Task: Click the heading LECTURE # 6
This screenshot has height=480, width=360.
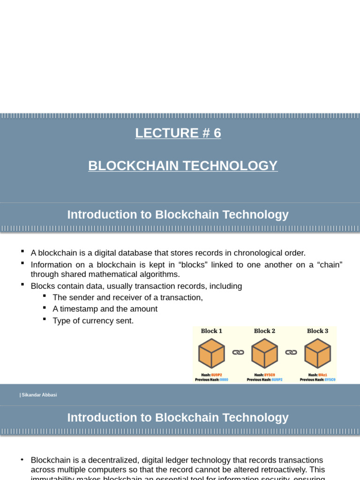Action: pyautogui.click(x=178, y=133)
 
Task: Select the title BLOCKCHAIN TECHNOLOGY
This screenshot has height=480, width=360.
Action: pyautogui.click(x=183, y=165)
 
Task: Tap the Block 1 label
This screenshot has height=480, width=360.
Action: pyautogui.click(x=211, y=331)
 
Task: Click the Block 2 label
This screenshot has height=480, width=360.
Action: pyautogui.click(x=264, y=331)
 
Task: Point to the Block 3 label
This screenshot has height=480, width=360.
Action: pyautogui.click(x=317, y=331)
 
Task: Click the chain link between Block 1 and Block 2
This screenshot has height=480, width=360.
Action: pyautogui.click(x=238, y=352)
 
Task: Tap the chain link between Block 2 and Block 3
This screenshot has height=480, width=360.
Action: pyautogui.click(x=291, y=352)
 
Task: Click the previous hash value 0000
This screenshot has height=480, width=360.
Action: pyautogui.click(x=224, y=380)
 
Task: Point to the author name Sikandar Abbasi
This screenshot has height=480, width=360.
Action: pyautogui.click(x=39, y=395)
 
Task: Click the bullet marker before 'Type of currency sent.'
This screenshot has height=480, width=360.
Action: pyautogui.click(x=44, y=319)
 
